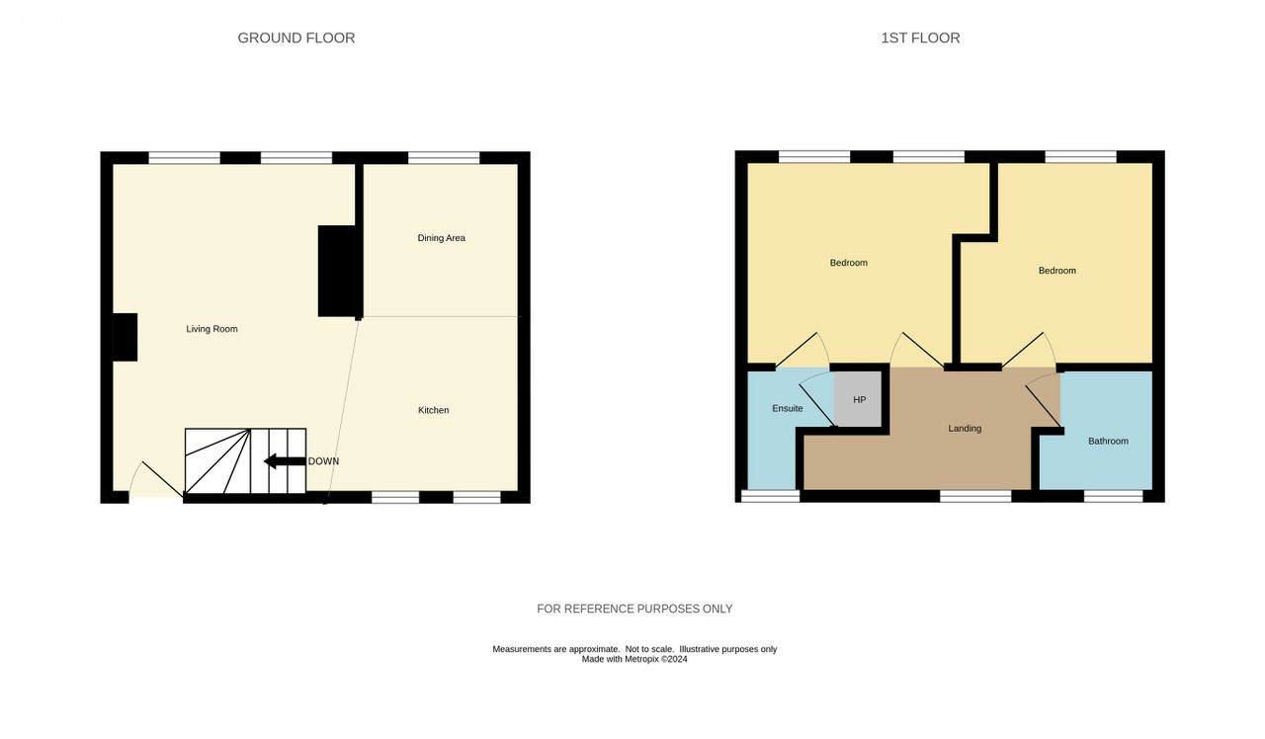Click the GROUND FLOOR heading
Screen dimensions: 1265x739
[295, 38]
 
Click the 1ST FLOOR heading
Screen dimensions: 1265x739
[920, 38]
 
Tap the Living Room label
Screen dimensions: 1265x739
[211, 329]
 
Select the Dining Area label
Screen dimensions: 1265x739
[441, 238]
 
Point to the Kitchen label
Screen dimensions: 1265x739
[433, 410]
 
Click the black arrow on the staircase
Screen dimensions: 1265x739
[285, 461]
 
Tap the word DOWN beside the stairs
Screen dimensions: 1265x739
[323, 461]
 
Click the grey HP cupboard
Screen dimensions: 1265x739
[858, 399]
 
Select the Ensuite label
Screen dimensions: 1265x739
[788, 408]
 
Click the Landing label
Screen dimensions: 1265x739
[965, 429]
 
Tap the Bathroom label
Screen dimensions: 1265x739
[1108, 442]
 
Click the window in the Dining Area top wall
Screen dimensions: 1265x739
[444, 158]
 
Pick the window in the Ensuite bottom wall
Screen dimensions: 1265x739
[770, 496]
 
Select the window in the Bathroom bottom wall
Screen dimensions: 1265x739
[1114, 496]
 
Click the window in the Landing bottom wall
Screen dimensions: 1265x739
[975, 496]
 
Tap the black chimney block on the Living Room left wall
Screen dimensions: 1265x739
[125, 337]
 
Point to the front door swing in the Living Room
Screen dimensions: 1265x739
[156, 480]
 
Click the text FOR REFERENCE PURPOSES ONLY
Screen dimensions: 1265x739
[634, 609]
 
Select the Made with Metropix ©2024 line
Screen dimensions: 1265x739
[634, 659]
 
